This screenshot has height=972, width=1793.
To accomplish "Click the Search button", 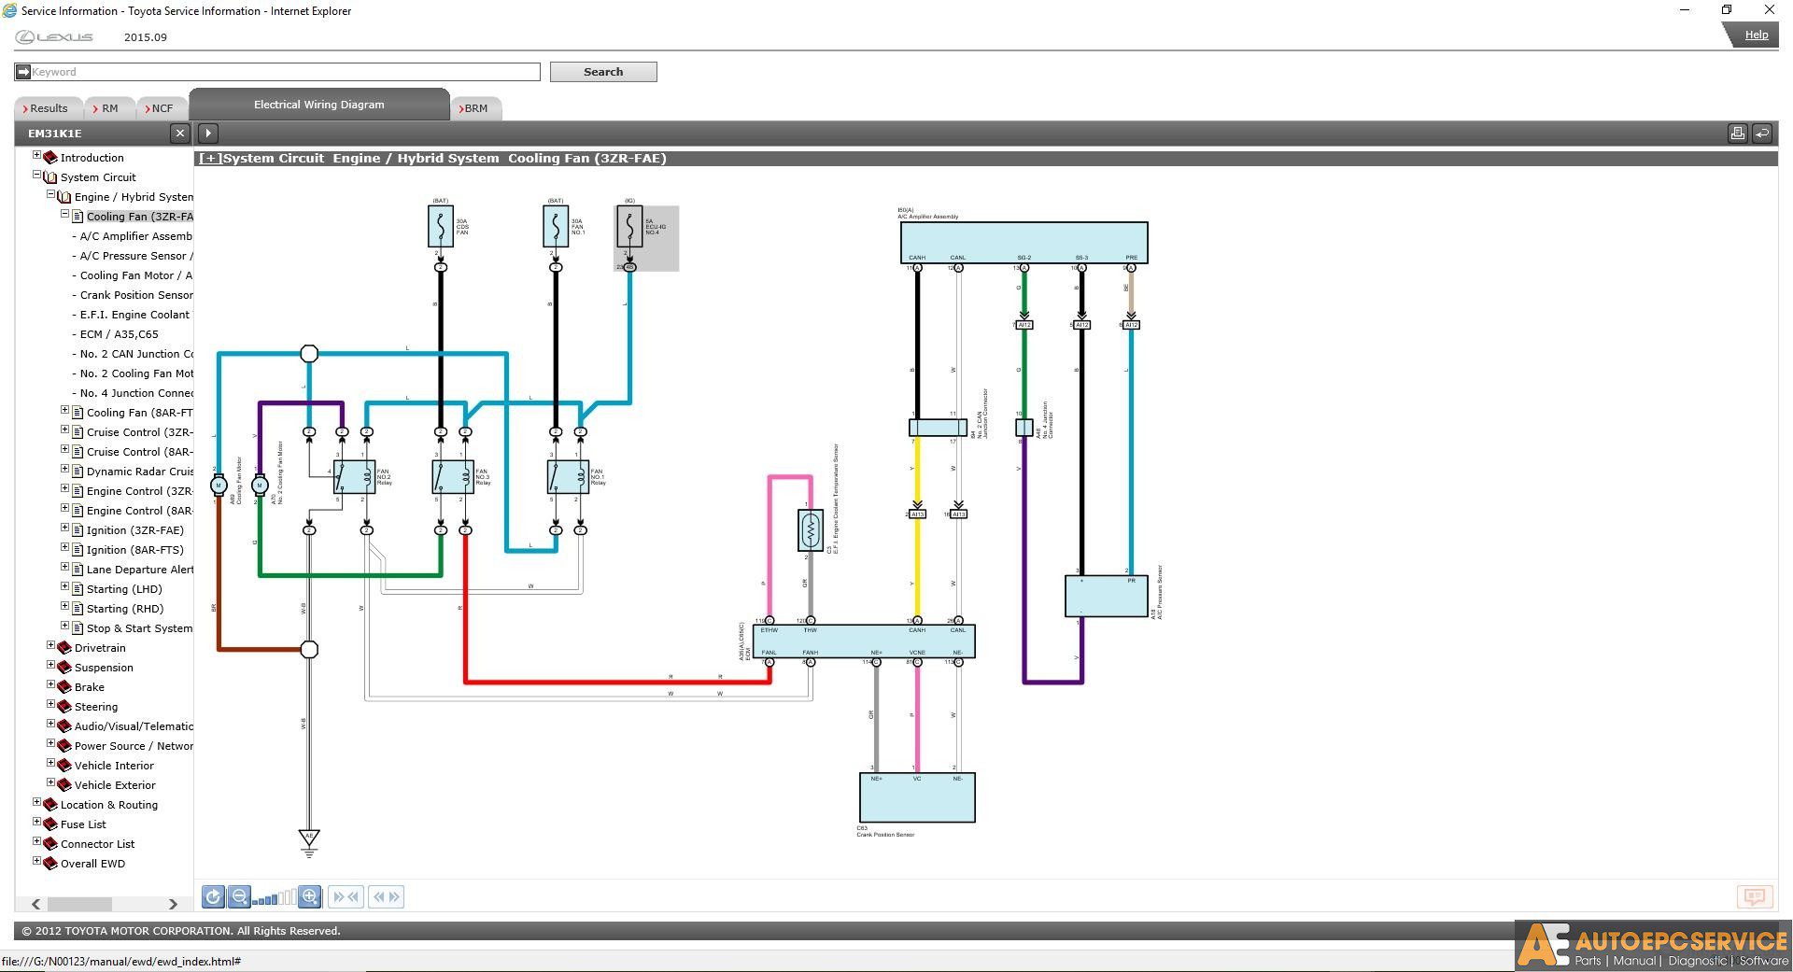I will [602, 72].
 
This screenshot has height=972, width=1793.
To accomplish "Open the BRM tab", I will [475, 108].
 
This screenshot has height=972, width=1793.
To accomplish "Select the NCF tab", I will [161, 108].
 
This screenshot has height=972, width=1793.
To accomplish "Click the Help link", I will [1756, 35].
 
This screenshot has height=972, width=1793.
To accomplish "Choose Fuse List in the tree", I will [83, 824].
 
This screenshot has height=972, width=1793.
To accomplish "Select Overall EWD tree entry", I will [92, 864].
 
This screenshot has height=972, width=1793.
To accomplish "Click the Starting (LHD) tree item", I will [124, 589].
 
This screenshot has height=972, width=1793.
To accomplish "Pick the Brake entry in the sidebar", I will [89, 687].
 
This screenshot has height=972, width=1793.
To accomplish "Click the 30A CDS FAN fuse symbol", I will [440, 226].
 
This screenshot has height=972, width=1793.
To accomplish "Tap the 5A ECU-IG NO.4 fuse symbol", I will [629, 226].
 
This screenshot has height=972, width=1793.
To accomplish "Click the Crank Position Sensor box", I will [916, 797].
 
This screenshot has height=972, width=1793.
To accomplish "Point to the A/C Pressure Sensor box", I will [1106, 596].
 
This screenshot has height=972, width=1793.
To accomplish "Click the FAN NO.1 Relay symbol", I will [568, 477].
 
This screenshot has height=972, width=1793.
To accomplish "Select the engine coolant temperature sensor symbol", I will [810, 529].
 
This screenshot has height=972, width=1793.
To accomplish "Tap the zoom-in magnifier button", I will [310, 897].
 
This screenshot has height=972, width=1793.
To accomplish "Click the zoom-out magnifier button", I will [239, 897].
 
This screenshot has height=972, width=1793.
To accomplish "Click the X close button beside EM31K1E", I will [180, 134].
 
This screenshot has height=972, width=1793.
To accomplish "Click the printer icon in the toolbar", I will [1737, 134].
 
